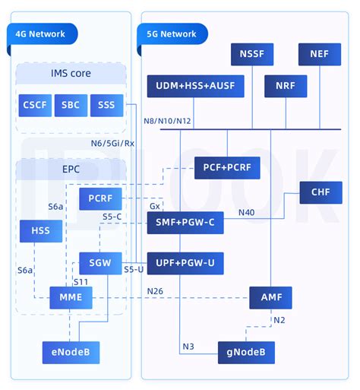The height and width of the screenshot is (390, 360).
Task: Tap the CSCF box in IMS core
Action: [35, 105]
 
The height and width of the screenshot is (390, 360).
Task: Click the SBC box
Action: [71, 105]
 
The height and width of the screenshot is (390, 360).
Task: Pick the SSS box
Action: [106, 105]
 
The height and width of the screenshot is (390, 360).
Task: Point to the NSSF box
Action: [251, 55]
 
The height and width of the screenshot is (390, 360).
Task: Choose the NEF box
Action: [319, 55]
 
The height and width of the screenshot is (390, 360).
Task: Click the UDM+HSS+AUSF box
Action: [195, 87]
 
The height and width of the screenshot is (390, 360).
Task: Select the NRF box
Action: [286, 87]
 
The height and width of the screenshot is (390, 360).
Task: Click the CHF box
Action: [321, 192]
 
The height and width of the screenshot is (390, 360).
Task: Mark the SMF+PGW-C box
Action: [185, 223]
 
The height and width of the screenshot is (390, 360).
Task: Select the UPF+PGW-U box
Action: [185, 263]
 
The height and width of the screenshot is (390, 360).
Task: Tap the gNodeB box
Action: [246, 352]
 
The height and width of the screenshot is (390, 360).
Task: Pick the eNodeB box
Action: [71, 352]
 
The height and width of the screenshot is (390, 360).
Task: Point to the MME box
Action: [71, 298]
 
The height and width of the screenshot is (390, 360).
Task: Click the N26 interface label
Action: [155, 291]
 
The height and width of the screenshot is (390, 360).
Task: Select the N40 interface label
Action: [246, 212]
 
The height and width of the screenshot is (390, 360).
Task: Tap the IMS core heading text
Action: [71, 74]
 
